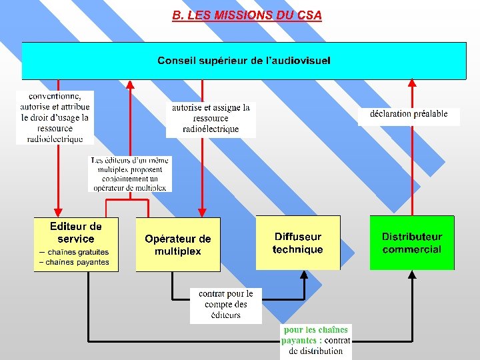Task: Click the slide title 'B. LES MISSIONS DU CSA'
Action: click(x=247, y=15)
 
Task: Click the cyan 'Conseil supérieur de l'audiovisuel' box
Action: click(x=244, y=61)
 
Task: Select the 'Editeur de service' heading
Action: click(x=76, y=233)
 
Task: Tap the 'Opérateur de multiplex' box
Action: click(x=178, y=245)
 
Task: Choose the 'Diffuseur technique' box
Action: click(x=297, y=243)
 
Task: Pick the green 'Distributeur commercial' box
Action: click(x=412, y=243)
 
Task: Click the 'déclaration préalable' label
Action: click(x=409, y=114)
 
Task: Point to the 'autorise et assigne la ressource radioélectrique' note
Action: click(x=211, y=118)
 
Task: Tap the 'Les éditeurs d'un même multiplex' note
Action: click(x=130, y=174)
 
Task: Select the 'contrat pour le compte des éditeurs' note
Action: click(x=226, y=305)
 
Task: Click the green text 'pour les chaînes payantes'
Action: click(x=315, y=335)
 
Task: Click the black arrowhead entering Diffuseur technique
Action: click(x=305, y=275)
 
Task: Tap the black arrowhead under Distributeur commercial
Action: click(x=412, y=275)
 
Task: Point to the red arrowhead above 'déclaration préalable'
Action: click(x=412, y=83)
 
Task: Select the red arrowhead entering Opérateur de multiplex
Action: click(x=202, y=213)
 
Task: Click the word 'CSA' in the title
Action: click(x=309, y=15)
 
